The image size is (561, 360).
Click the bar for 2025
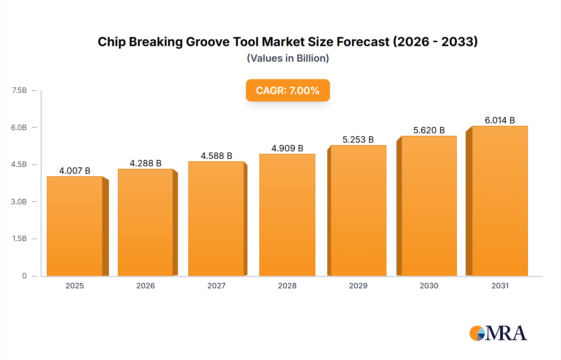point(75,226)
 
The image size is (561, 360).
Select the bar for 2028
point(287,215)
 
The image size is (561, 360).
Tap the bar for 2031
point(500,201)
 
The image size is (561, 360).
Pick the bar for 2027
point(216,219)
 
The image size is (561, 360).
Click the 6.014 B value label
point(500,120)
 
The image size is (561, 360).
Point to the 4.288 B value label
point(146,163)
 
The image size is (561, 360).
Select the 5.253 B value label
point(358,140)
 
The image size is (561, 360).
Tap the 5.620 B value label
point(429,130)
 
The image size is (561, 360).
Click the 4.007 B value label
point(75,171)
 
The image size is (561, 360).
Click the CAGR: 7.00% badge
point(288,90)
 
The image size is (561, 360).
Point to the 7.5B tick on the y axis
point(19,90)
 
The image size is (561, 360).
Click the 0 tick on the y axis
point(24,276)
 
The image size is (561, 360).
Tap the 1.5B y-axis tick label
point(19,239)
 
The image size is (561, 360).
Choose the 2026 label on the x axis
point(146,286)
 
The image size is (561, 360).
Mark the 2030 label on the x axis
point(429,286)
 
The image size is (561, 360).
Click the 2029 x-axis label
point(358,286)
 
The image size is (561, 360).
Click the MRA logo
point(498,333)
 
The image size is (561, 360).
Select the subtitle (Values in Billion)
point(288,58)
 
